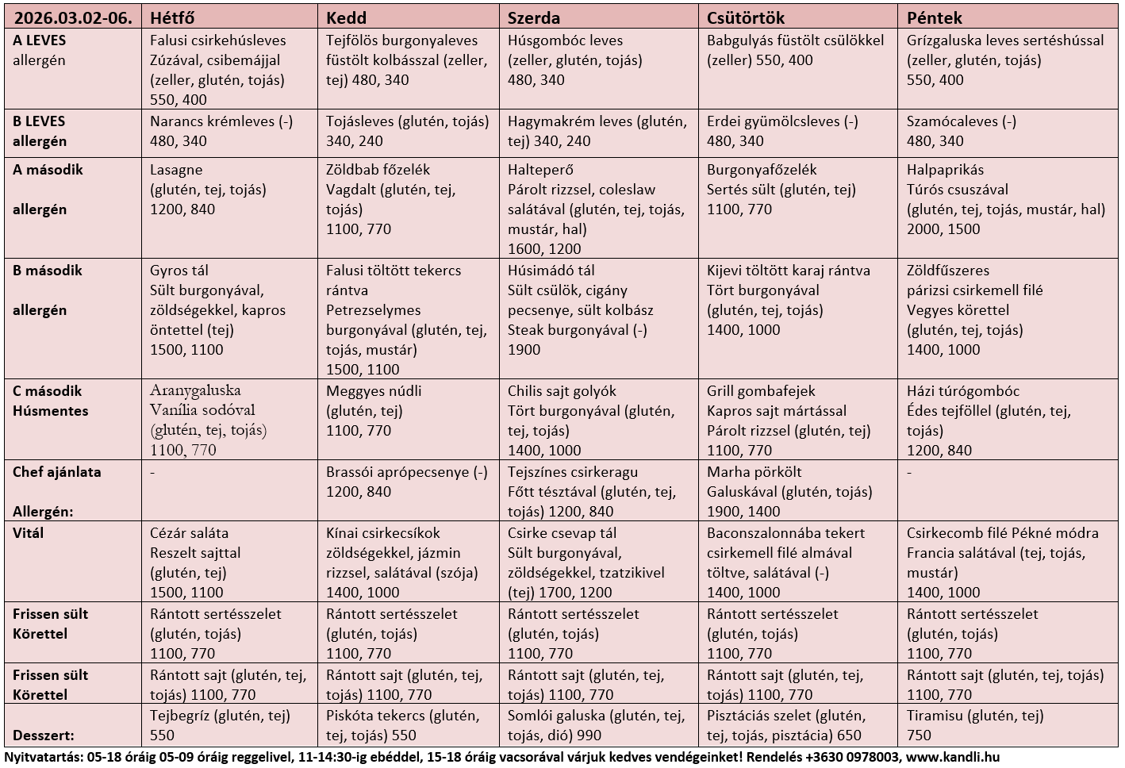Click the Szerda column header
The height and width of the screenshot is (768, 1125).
click(x=534, y=17)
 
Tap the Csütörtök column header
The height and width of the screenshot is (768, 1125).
click(x=746, y=17)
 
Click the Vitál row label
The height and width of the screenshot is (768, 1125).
click(x=29, y=533)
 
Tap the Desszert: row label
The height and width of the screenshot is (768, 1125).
click(x=44, y=735)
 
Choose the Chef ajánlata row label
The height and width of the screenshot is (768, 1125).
click(x=57, y=472)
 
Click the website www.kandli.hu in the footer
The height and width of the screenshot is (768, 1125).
click(x=952, y=757)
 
